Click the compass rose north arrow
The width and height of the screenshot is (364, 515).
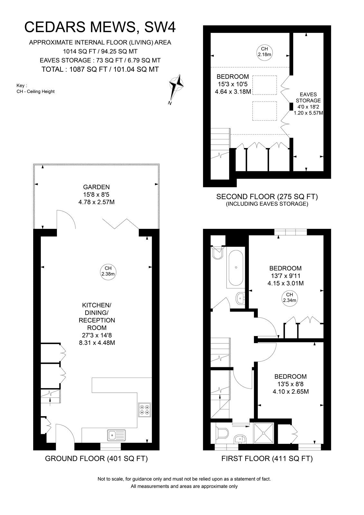tap(176, 89)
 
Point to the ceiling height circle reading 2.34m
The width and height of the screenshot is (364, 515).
tap(290, 297)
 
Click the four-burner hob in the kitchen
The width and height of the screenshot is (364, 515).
tap(145, 410)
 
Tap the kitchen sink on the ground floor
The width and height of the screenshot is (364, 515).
tap(117, 435)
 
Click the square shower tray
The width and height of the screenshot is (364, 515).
tap(264, 433)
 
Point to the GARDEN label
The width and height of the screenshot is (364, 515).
tap(96, 187)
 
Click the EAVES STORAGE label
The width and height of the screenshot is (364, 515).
tap(308, 98)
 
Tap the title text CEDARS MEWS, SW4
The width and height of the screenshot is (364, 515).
tap(100, 27)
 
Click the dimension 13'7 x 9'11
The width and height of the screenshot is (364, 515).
tap(285, 276)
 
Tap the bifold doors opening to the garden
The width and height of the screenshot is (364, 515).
tap(121, 223)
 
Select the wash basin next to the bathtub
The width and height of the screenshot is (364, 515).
tap(240, 298)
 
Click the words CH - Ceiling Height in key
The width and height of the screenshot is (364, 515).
tap(35, 91)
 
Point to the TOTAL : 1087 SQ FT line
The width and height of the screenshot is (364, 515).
tap(100, 69)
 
